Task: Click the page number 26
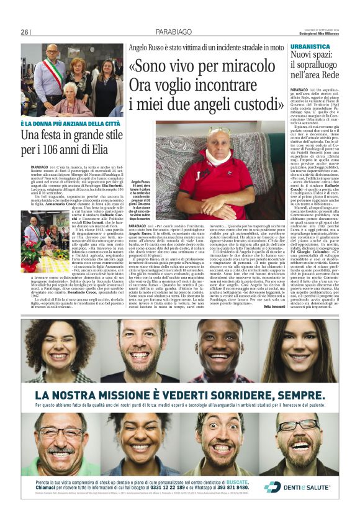(x=25, y=32)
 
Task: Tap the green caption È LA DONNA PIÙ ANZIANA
(x=71, y=123)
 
